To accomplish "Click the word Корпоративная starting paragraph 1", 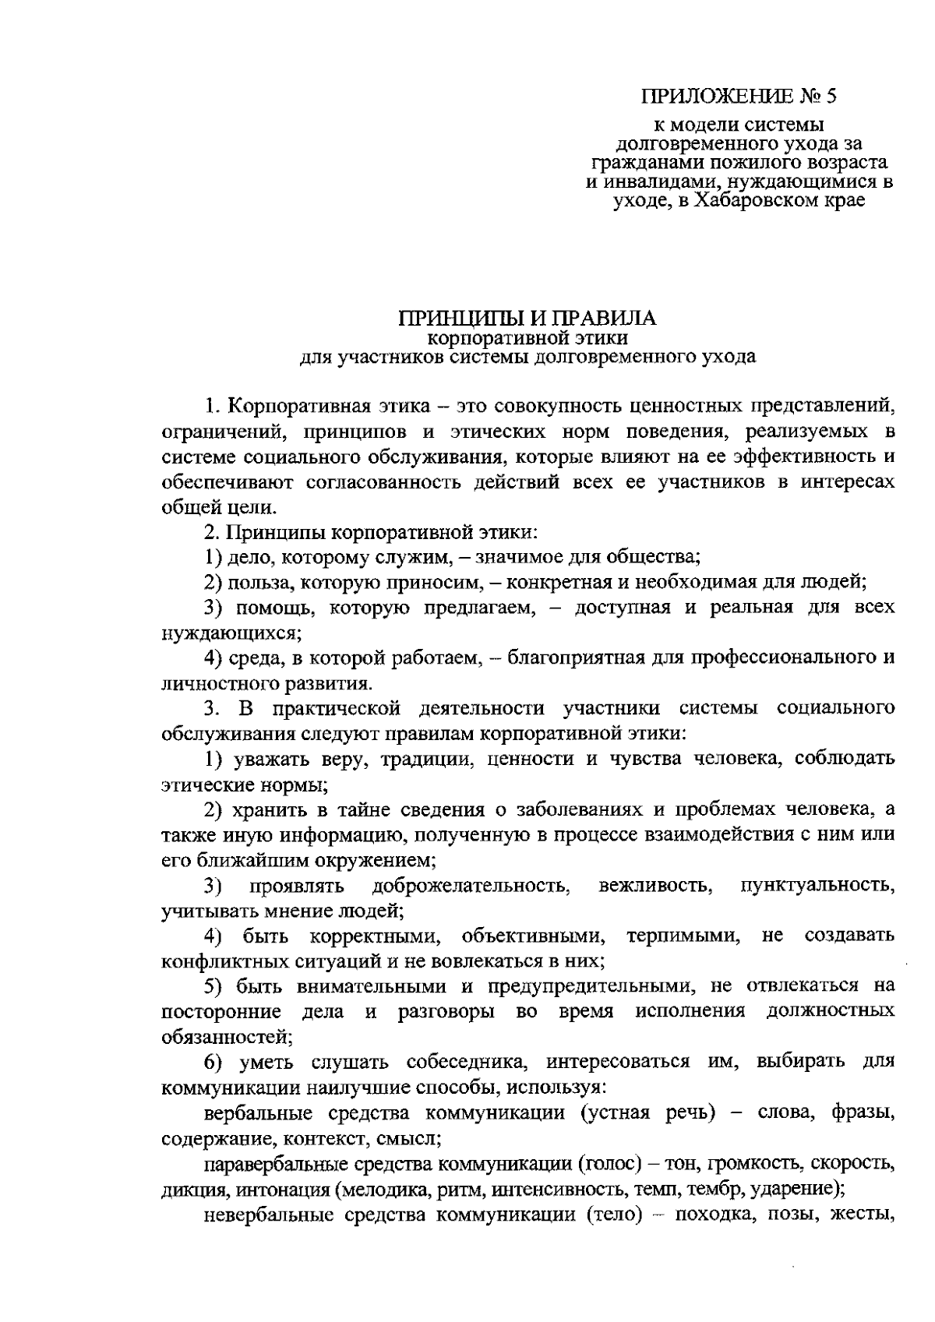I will (x=292, y=405).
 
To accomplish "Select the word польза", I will (x=256, y=582).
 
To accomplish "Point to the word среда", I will (x=254, y=658).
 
